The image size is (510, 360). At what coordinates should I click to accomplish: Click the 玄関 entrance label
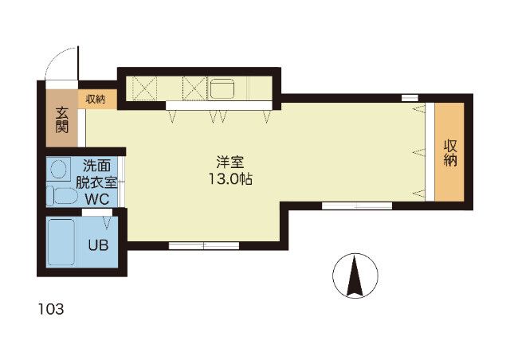[62, 119]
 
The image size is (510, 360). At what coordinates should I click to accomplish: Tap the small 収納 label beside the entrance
[96, 100]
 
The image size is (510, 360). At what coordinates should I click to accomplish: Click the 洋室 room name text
[230, 162]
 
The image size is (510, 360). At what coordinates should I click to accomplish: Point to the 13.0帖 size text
[230, 179]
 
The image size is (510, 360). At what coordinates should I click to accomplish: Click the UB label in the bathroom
[98, 245]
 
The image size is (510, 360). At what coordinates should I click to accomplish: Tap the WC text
[97, 199]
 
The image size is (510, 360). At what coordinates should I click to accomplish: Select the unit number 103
[51, 309]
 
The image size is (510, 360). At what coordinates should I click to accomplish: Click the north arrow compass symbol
[355, 276]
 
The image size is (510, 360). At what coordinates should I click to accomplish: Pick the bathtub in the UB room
[61, 241]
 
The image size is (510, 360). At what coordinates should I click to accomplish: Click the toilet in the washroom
[62, 196]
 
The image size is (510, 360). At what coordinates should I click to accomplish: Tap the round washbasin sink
[58, 168]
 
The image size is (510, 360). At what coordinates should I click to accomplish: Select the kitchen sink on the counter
[223, 88]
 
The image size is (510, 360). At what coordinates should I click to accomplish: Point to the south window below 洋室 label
[204, 245]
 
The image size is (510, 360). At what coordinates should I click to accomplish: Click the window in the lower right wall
[357, 205]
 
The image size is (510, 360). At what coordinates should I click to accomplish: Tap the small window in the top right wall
[410, 98]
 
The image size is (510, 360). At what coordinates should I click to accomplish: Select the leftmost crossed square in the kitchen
[145, 88]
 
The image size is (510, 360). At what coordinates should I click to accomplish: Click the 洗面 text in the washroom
[96, 166]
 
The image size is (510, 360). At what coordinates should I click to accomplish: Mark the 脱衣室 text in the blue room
[96, 182]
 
